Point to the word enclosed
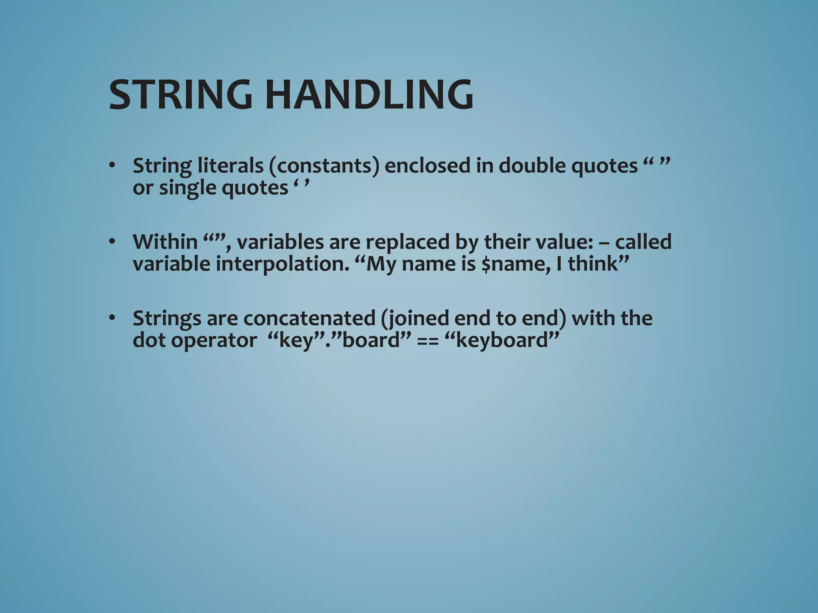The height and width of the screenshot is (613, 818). (x=427, y=166)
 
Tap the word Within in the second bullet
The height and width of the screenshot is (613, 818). (x=165, y=242)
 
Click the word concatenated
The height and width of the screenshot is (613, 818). (x=310, y=318)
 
